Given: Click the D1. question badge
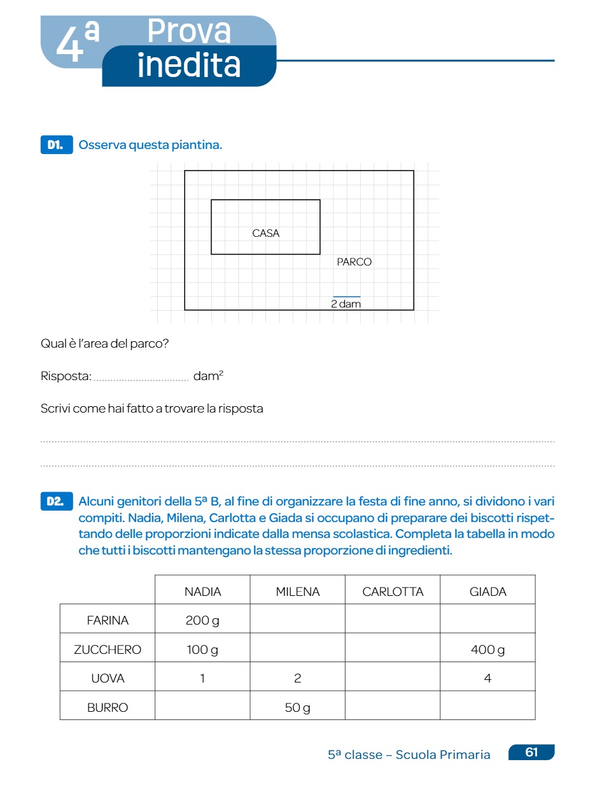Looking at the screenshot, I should pos(56,145).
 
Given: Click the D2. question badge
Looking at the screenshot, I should pos(56,502).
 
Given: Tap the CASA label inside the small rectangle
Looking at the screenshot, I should pos(266,233).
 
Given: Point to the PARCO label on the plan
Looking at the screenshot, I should pos(354,262).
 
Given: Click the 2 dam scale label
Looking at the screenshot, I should pos(346,304).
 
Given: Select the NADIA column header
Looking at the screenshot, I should pos(202,591).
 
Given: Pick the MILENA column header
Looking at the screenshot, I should pos(297,591).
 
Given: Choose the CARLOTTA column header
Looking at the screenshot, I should pos(393,591).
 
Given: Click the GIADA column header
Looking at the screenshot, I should pos(487,591).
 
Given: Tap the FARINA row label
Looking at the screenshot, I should pos(108,620).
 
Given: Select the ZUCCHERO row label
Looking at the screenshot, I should pos(108,649).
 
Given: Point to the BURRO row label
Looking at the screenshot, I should pos(108,707).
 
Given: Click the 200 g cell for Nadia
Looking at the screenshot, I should pos(202,620).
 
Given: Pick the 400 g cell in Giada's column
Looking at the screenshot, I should pos(487,649).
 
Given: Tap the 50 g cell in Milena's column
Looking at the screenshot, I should pos(297,707).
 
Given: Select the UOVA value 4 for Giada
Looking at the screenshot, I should pos(487,679).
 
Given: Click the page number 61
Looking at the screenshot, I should pos(531,753).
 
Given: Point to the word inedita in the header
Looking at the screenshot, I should pos(189,66).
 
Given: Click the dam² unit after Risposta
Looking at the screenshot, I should pos(208,376).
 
